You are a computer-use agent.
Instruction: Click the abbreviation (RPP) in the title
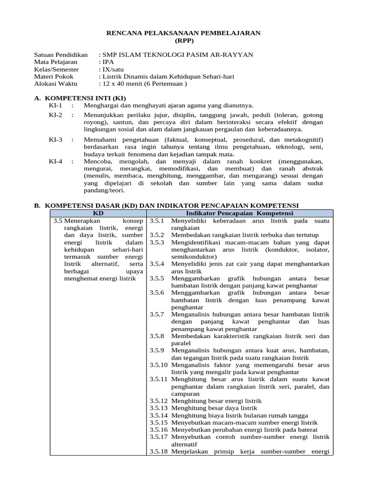pos(183,40)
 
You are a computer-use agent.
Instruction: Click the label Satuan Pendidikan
pos(61,55)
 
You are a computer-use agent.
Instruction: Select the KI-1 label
pos(56,105)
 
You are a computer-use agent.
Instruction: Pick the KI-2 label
pos(56,115)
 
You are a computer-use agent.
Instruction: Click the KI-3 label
pos(56,139)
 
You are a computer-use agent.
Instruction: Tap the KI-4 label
pos(56,161)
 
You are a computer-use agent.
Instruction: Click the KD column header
pos(98,213)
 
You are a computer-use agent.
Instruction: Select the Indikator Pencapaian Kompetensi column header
pos(239,213)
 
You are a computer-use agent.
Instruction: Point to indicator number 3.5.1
pos(157,221)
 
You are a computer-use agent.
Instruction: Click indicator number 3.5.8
pos(157,336)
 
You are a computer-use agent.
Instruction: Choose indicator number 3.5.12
pos(158,401)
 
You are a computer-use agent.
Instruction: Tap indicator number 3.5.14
pos(158,415)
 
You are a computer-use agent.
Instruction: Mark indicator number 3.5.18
pos(158,451)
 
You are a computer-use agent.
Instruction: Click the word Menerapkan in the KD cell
pos(84,221)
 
